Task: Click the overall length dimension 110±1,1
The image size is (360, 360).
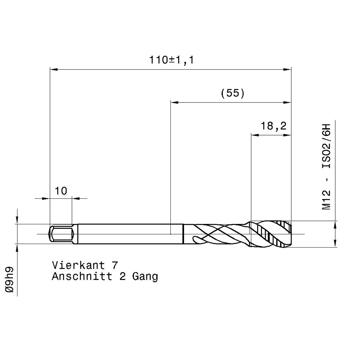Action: point(172,60)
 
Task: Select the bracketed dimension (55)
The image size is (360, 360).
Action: point(232,93)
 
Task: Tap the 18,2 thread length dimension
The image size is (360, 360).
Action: point(274,126)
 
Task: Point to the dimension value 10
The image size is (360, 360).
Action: point(61,191)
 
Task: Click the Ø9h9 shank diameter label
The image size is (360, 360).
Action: point(10,280)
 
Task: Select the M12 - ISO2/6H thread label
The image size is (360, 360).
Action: point(326,167)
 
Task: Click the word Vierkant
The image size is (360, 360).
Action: point(78,265)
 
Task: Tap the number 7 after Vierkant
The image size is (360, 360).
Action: point(115,266)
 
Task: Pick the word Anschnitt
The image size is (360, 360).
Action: point(82,276)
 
